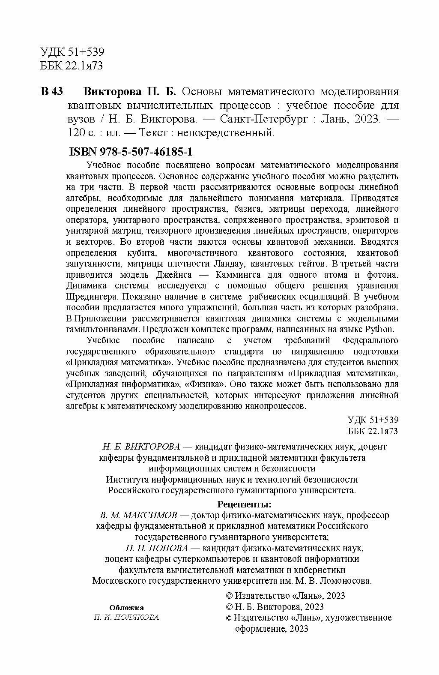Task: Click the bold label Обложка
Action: (126, 608)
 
